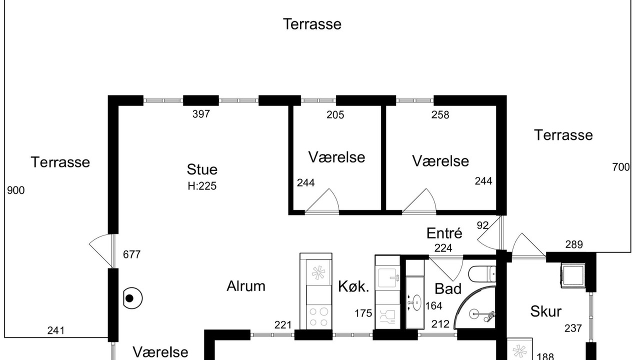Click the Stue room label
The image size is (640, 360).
[202, 169]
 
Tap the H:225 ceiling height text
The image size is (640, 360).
[202, 186]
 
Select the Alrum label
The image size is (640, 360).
[245, 286]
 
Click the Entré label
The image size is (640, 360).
[444, 233]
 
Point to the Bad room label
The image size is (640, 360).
[447, 289]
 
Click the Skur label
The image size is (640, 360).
[545, 311]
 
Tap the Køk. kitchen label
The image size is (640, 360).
[353, 286]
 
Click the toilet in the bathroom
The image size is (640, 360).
[482, 273]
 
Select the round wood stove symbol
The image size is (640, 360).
[133, 298]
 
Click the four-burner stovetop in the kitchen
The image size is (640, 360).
[318, 316]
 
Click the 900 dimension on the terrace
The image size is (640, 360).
[15, 190]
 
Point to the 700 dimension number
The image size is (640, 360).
[621, 167]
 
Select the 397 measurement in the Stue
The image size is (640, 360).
[201, 114]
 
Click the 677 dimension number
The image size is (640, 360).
[131, 254]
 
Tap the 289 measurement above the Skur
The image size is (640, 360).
[574, 244]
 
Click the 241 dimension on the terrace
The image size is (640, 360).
[56, 330]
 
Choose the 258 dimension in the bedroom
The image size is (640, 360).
[440, 115]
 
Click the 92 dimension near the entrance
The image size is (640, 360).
[482, 225]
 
